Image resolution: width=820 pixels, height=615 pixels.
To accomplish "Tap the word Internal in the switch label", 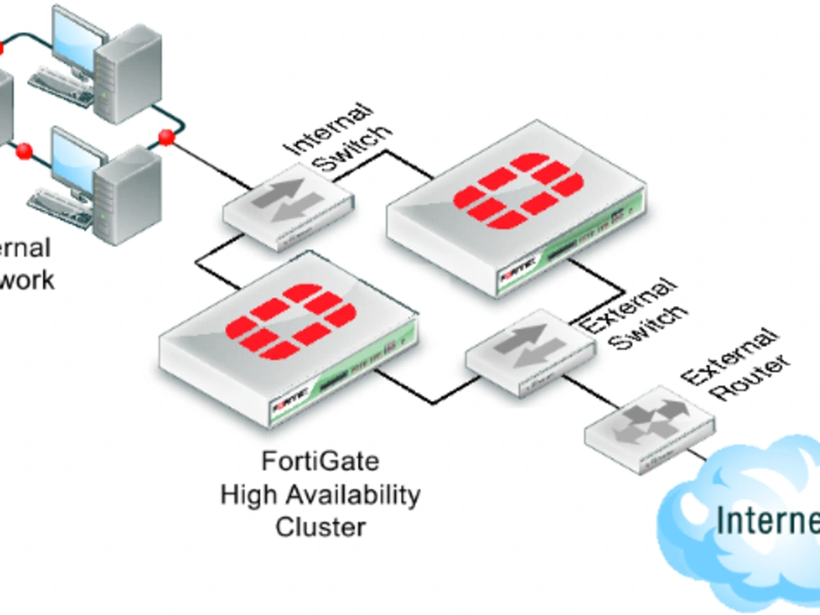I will pyautogui.click(x=327, y=128).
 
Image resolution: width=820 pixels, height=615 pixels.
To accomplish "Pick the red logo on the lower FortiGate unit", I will pyautogui.click(x=290, y=321).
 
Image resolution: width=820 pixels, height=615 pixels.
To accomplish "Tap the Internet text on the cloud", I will pyautogui.click(x=767, y=520).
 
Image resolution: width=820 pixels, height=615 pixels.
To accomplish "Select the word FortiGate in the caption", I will pyautogui.click(x=321, y=462).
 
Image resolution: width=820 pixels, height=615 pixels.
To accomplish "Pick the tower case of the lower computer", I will pyautogui.click(x=127, y=197).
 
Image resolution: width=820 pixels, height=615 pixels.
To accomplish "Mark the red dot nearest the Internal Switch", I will pyautogui.click(x=166, y=137).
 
